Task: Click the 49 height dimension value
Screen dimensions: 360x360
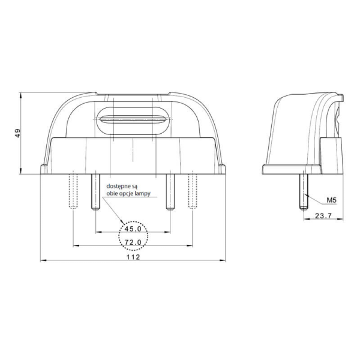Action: coord(17,133)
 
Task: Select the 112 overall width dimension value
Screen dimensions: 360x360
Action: coord(133,257)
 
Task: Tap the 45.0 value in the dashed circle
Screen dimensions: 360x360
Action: coord(133,229)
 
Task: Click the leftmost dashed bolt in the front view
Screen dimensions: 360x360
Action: coord(73,190)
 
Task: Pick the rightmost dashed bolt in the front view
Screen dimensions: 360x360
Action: coord(192,190)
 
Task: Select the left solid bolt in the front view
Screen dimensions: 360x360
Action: coord(95,190)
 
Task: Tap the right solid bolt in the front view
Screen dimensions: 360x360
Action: coord(170,190)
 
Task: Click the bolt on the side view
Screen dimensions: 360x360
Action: coord(304,189)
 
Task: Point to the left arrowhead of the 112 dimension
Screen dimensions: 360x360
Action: coord(41,261)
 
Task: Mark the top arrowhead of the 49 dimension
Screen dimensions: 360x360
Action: coord(22,95)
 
